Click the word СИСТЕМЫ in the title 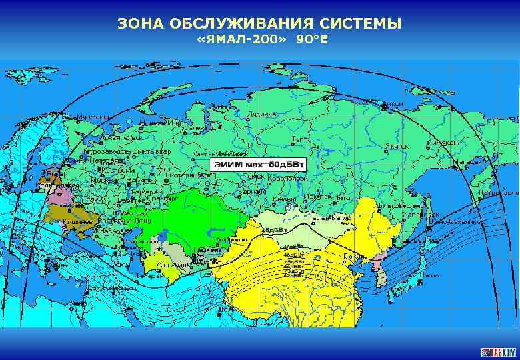(x=362, y=24)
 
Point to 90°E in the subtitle (x=313, y=41)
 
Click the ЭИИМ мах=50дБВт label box (x=259, y=163)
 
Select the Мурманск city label (x=93, y=117)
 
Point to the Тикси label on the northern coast (x=394, y=104)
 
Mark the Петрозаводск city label (x=103, y=152)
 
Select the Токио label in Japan (x=431, y=275)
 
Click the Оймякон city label (x=443, y=142)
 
